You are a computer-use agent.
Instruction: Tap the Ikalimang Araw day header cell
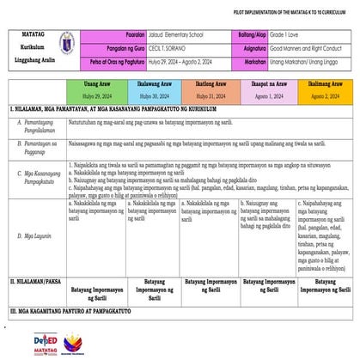[324, 90]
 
